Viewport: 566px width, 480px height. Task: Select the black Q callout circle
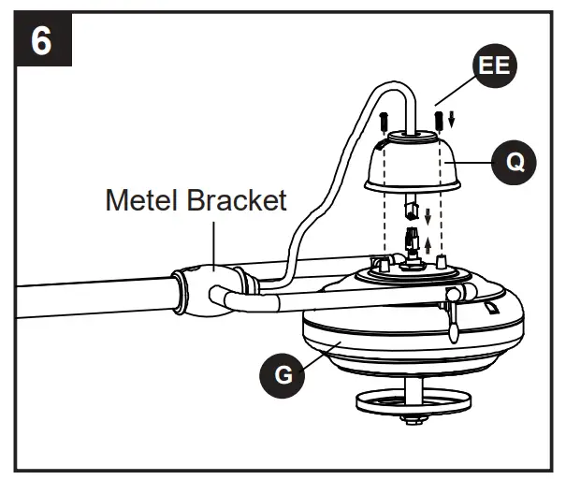tap(514, 162)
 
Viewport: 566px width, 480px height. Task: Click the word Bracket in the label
tap(237, 200)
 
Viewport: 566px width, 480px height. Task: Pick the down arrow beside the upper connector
tap(428, 216)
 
